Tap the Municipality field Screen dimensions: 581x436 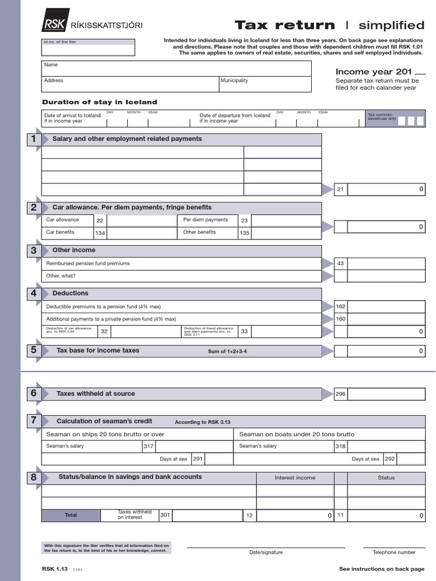point(265,84)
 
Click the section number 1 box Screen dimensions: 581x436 point(33,140)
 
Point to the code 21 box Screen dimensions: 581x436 point(341,190)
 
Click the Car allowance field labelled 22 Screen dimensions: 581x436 point(141,220)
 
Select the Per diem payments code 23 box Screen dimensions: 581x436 point(244,221)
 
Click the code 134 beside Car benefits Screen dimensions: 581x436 point(100,233)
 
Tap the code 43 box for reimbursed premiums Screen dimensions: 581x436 point(341,263)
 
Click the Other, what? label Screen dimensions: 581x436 point(61,276)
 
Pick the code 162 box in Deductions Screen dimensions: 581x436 point(341,306)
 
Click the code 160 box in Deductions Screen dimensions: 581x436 point(341,319)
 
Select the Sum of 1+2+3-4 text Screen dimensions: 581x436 point(227,352)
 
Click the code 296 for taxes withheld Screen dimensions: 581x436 point(341,394)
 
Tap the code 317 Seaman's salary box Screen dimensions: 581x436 point(149,447)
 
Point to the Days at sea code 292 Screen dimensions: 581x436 point(390,459)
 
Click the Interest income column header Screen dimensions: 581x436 point(295,478)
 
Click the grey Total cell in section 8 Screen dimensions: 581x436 point(71,515)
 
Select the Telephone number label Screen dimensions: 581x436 point(394,552)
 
